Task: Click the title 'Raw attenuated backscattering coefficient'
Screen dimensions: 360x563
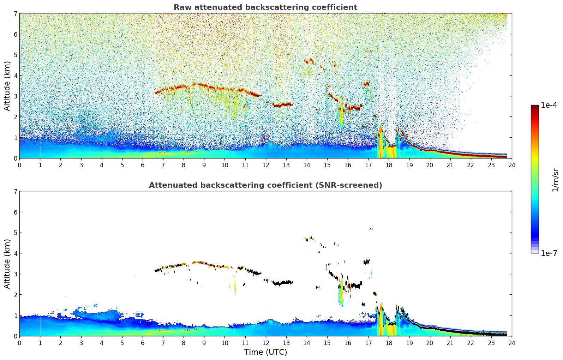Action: pyautogui.click(x=265, y=7)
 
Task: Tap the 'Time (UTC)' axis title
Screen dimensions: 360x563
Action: pyautogui.click(x=265, y=352)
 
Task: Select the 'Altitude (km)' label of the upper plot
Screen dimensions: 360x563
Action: pyautogui.click(x=7, y=86)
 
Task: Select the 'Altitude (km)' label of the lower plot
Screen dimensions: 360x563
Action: pyautogui.click(x=7, y=264)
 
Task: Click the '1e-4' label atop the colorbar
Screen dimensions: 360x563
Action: pyautogui.click(x=549, y=105)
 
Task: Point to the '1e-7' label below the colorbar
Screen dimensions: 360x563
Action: pyautogui.click(x=549, y=253)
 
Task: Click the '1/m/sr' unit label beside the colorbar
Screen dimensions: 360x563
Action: pyautogui.click(x=555, y=180)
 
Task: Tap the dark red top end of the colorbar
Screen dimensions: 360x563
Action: pyautogui.click(x=534, y=107)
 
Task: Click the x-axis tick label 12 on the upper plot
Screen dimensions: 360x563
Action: pyautogui.click(x=265, y=165)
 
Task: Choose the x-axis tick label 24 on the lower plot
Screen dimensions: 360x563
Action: pyautogui.click(x=511, y=343)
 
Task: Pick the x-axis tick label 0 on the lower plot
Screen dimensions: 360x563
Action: pyautogui.click(x=19, y=343)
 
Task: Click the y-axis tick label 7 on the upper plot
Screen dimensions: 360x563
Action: pyautogui.click(x=15, y=13)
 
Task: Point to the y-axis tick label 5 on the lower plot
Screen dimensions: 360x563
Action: pyautogui.click(x=15, y=233)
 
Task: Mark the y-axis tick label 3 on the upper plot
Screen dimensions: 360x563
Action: pyautogui.click(x=15, y=96)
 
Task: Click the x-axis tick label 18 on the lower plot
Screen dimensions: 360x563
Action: pyautogui.click(x=389, y=343)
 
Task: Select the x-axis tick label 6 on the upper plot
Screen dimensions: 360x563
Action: pyautogui.click(x=143, y=165)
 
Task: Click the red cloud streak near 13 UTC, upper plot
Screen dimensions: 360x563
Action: pyautogui.click(x=282, y=105)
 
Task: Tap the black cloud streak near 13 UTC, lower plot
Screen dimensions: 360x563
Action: pyautogui.click(x=282, y=283)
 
